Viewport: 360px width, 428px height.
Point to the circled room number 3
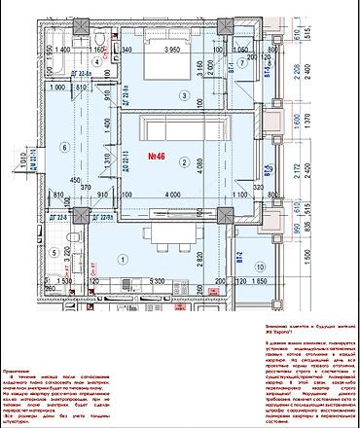pos(181,93)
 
